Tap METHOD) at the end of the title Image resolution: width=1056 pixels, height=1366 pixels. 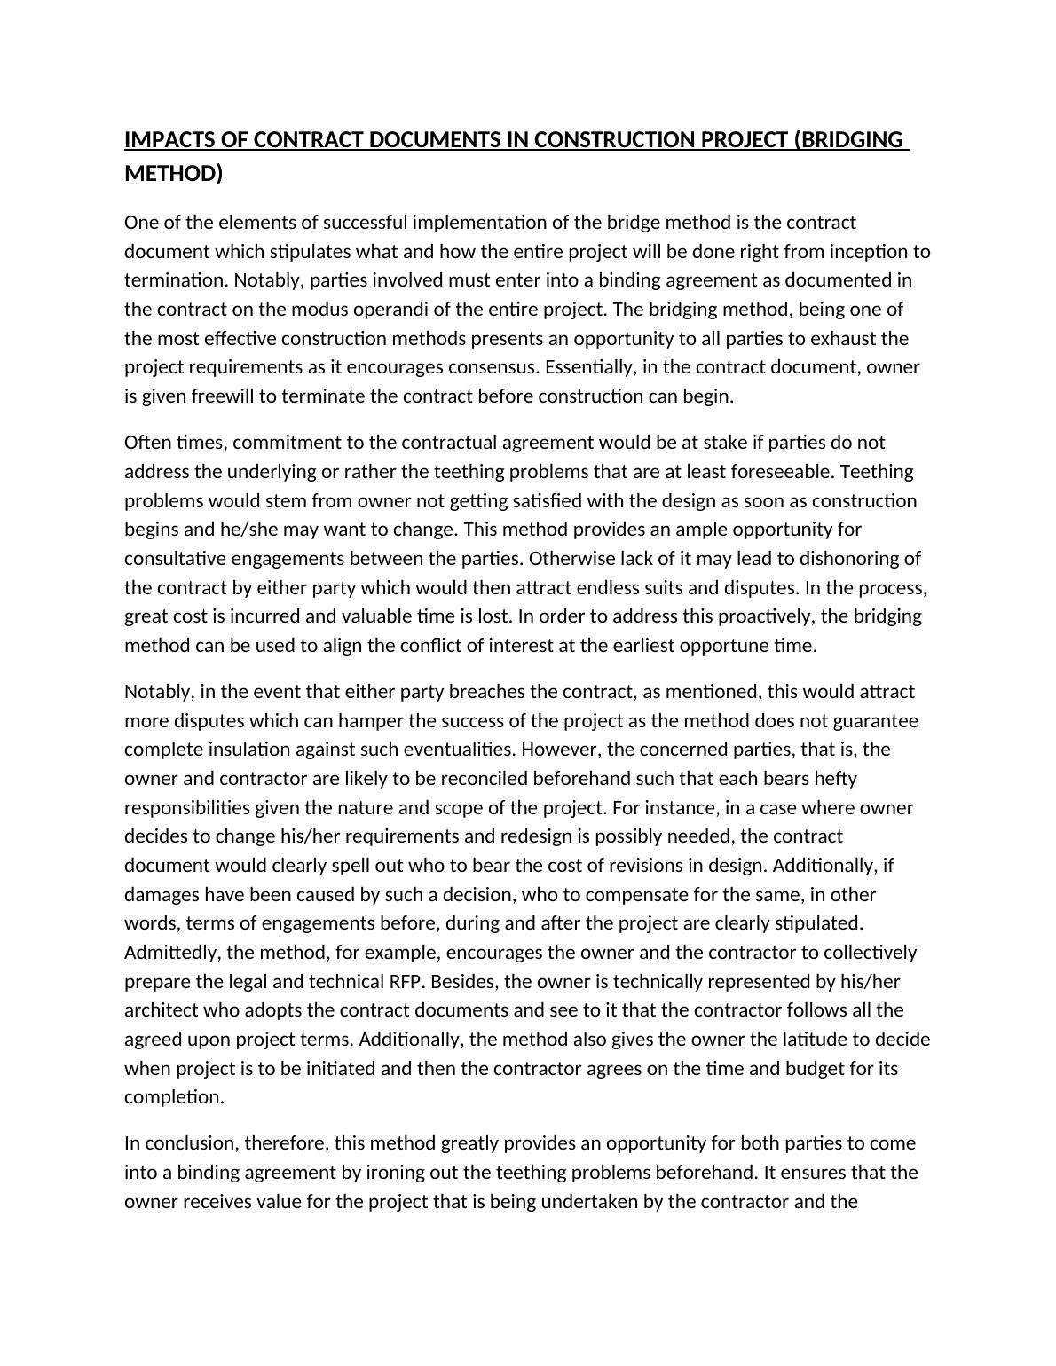[x=173, y=173]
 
